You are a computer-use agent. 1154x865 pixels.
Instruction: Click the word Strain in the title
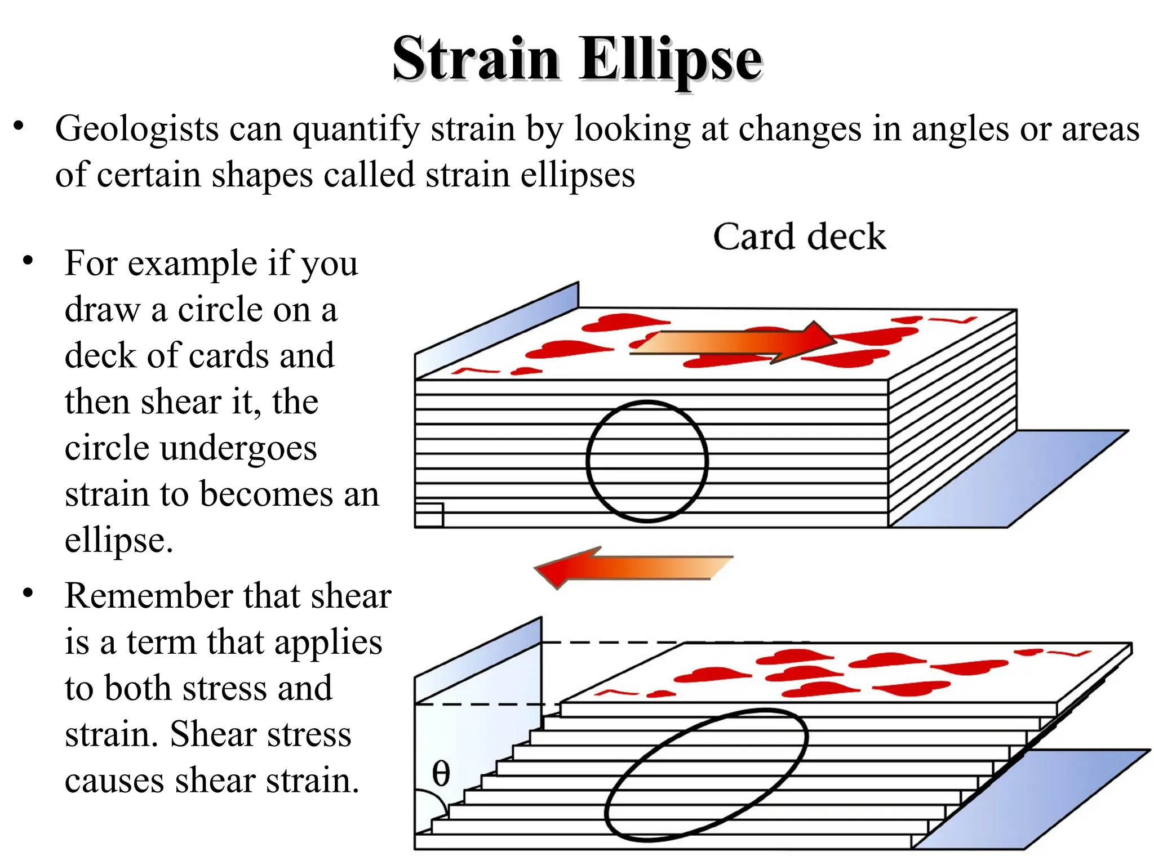476,59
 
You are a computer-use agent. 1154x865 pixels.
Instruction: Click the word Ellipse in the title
671,60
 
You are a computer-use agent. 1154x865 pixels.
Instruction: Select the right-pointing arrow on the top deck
733,342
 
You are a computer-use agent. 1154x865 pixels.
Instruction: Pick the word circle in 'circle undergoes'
106,448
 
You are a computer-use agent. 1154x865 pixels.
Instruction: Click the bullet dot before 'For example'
28,261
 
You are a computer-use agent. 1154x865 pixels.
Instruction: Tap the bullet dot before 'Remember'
28,594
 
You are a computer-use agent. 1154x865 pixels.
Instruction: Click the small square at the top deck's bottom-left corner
429,515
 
